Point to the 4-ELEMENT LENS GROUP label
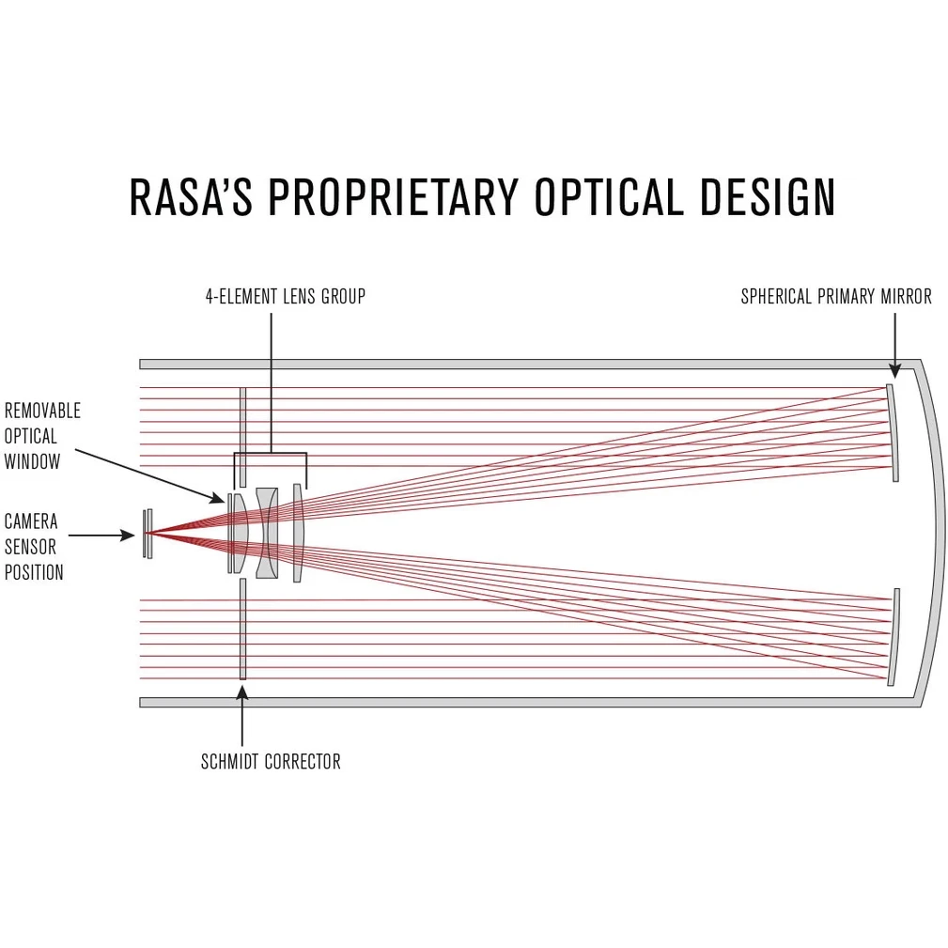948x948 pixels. pyautogui.click(x=285, y=297)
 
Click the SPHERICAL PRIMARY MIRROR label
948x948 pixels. pyautogui.click(x=835, y=297)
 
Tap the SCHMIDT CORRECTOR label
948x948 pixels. pyautogui.click(x=271, y=761)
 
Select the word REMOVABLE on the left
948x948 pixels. pyautogui.click(x=42, y=411)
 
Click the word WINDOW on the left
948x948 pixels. pyautogui.click(x=33, y=461)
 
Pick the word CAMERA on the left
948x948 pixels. pyautogui.click(x=31, y=521)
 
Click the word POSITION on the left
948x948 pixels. pyautogui.click(x=34, y=572)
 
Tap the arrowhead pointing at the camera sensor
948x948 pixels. pyautogui.click(x=130, y=536)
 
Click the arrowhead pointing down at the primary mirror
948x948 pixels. pyautogui.click(x=894, y=371)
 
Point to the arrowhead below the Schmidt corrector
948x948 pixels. pyautogui.click(x=242, y=693)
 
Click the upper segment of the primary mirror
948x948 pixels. pyautogui.click(x=893, y=432)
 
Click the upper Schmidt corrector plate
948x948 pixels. pyautogui.click(x=242, y=423)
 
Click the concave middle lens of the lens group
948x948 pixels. pyautogui.click(x=267, y=534)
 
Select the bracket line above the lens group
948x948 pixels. pyautogui.click(x=271, y=454)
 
